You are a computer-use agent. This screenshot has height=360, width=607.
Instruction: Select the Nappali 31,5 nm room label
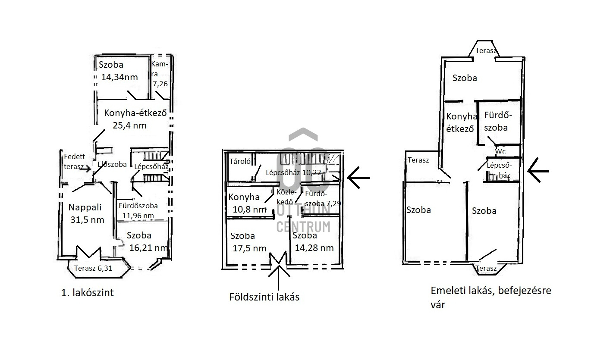click(x=87, y=213)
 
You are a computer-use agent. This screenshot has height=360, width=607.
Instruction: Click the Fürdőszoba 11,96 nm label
click(x=138, y=210)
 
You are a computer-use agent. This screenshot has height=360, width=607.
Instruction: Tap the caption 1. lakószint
click(x=88, y=293)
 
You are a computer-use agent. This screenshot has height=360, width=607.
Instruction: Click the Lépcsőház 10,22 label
click(x=293, y=172)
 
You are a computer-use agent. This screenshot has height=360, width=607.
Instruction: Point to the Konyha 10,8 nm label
click(x=247, y=203)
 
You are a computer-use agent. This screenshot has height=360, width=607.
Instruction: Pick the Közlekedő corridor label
click(x=285, y=196)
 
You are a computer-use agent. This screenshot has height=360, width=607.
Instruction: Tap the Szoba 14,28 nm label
click(x=313, y=241)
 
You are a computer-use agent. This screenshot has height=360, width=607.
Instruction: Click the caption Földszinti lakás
click(x=264, y=297)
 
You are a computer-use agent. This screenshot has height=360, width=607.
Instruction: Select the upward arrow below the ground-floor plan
click(x=278, y=278)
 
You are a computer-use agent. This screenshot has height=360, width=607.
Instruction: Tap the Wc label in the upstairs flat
click(x=500, y=152)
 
